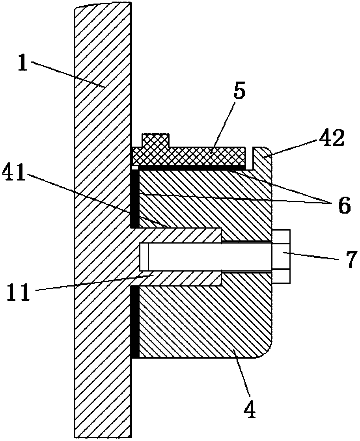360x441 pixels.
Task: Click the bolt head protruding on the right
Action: [x=281, y=256]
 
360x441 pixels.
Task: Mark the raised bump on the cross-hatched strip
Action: [x=156, y=140]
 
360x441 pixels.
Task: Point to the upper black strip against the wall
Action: [x=134, y=199]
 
